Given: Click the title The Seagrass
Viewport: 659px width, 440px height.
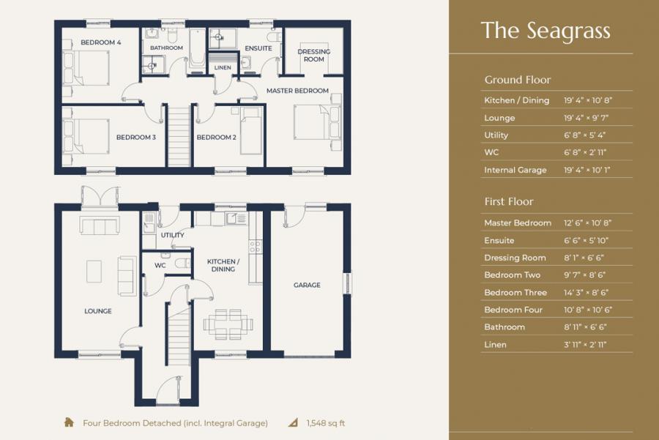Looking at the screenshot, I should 546,31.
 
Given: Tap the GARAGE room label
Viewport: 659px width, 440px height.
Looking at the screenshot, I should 307,286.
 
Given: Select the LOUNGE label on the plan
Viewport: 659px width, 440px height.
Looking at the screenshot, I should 98,311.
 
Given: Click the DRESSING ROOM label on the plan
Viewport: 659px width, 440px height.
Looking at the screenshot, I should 313,56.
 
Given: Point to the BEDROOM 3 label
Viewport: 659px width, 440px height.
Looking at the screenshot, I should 136,137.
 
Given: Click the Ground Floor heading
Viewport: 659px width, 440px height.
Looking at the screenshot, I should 517,80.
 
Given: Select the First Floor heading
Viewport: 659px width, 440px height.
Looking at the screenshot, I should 509,201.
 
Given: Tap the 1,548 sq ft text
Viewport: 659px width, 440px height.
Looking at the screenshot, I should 327,423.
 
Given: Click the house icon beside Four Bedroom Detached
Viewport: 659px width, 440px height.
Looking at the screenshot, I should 69,422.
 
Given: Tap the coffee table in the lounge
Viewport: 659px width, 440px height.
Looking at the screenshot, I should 95,272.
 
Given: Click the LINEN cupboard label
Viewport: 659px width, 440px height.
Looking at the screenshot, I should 223,68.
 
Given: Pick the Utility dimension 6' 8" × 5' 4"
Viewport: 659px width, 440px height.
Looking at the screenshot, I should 584,135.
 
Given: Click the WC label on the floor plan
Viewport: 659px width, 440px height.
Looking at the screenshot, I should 160,266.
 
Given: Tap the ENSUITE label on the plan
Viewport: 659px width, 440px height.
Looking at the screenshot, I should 258,49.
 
